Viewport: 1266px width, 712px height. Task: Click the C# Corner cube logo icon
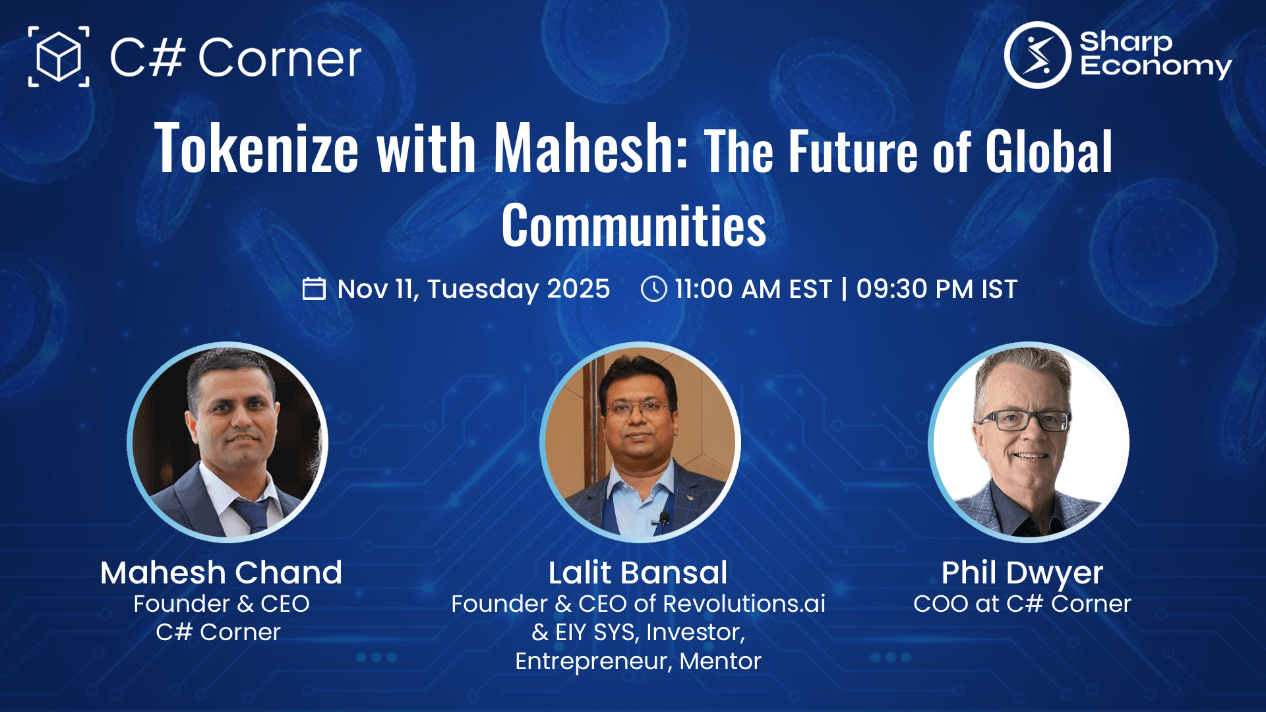point(59,57)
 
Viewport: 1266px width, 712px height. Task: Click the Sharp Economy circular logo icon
point(1037,55)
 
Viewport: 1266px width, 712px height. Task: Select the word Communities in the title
point(634,225)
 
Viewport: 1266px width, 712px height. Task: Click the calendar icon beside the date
point(314,289)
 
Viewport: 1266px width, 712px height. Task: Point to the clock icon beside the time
point(653,289)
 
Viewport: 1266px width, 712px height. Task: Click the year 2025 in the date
point(578,289)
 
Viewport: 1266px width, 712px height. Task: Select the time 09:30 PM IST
point(936,289)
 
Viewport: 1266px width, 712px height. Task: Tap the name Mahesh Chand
point(221,572)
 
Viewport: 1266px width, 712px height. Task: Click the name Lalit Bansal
point(638,572)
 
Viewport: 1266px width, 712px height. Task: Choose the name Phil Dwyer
point(1022,572)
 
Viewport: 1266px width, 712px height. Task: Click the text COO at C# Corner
point(1022,604)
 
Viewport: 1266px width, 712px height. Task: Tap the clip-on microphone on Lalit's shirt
point(664,518)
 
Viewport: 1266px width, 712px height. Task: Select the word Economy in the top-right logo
point(1155,67)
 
